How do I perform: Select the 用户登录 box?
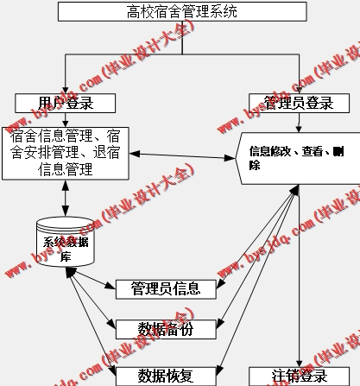(66, 103)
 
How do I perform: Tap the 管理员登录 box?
(298, 103)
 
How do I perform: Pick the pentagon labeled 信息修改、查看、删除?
(294, 157)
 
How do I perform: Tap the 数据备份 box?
(165, 328)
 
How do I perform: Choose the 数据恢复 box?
(165, 375)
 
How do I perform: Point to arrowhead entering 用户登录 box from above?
(66, 89)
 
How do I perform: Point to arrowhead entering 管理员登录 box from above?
(298, 89)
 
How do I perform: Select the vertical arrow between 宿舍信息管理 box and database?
(66, 197)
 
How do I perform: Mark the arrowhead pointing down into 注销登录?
(299, 362)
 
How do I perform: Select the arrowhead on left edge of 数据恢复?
(112, 373)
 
